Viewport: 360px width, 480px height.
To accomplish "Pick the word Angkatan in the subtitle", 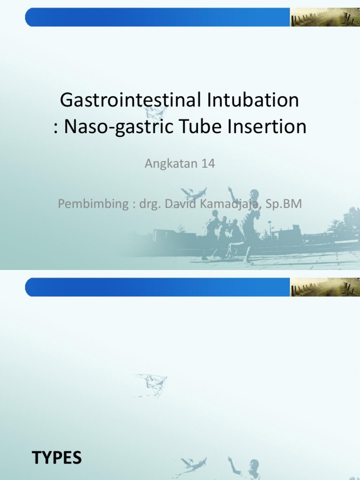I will pos(165,164).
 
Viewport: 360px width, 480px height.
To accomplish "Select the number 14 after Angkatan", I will pos(207,164).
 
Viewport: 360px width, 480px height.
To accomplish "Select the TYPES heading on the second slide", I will pos(57,457).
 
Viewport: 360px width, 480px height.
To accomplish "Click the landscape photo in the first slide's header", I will pos(324,17).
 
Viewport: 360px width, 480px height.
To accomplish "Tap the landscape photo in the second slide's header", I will pos(324,287).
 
